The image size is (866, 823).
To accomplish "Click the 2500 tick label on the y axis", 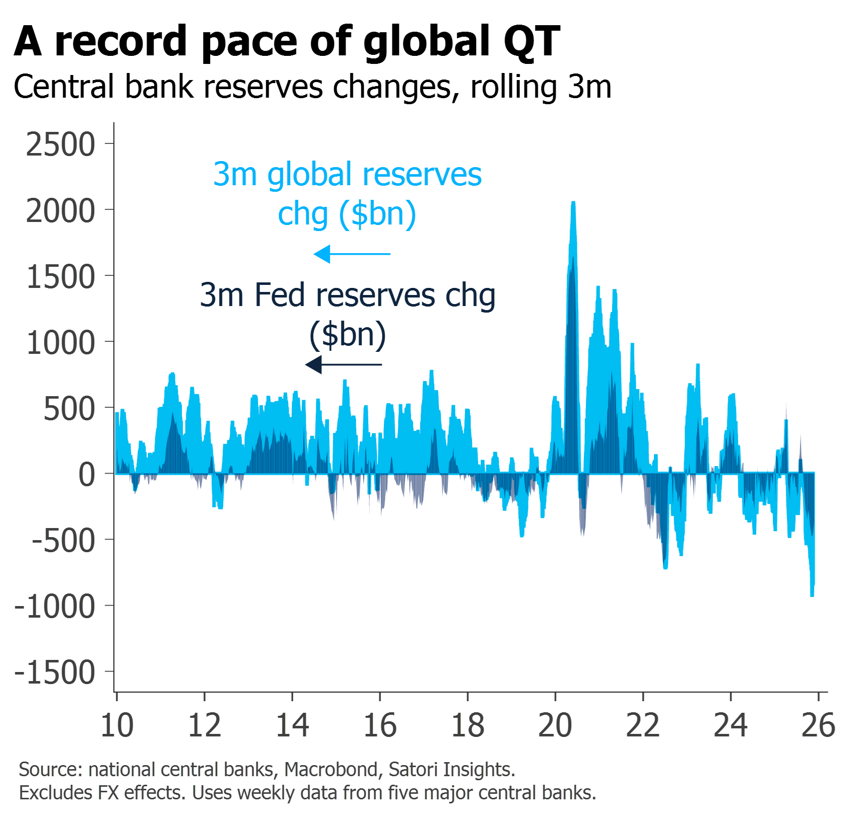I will point(60,145).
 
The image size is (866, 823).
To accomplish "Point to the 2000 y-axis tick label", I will point(60,211).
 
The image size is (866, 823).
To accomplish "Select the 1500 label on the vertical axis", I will point(60,277).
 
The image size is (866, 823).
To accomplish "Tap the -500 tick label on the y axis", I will point(63,541).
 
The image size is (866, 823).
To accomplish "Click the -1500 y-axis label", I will point(55,673).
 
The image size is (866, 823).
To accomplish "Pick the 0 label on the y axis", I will point(87,475).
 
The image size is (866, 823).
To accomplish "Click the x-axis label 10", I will point(117,725).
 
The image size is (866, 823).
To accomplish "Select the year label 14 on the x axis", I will point(292,725).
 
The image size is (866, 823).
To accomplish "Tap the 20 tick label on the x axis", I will point(555,725).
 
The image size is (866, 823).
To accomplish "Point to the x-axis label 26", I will point(819,725).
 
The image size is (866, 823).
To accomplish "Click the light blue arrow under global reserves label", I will point(351,254).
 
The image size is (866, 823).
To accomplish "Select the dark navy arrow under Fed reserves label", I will point(344,364).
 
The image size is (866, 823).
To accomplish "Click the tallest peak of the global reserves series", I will point(573,203).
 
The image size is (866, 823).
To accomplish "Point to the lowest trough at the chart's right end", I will point(812,595).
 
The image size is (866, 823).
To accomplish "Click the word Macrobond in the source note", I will point(330,770).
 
